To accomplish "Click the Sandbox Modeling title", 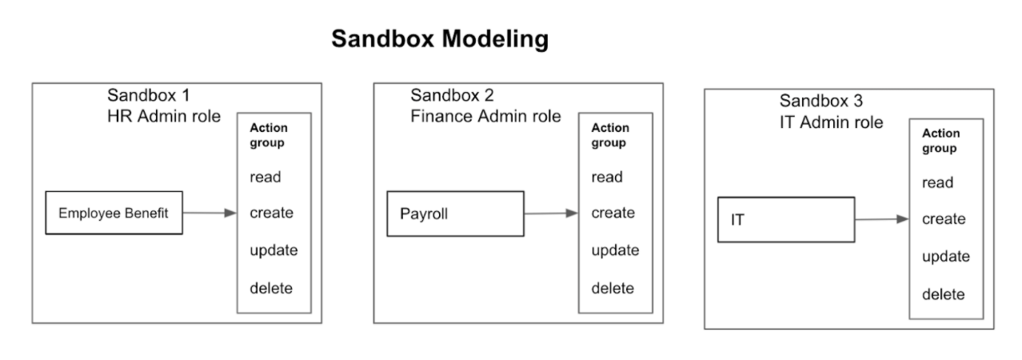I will click(440, 40).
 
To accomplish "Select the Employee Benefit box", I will click(114, 213).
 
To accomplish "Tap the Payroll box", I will click(455, 214).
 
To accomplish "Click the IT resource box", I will click(785, 219).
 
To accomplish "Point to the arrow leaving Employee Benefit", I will click(210, 213).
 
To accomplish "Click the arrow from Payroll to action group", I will click(550, 214).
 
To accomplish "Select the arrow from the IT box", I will click(881, 219).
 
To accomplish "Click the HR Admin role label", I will click(164, 116).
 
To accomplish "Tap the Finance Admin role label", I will click(485, 117).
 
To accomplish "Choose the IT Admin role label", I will click(832, 122).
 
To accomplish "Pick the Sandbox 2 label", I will click(452, 96).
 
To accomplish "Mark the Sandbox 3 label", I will click(821, 102).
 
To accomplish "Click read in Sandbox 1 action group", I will click(265, 177).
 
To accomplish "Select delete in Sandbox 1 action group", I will click(271, 288).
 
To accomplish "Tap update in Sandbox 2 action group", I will click(615, 250).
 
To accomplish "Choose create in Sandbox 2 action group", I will click(613, 213).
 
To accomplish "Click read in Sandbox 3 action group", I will click(937, 182).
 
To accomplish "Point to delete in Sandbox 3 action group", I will click(943, 294).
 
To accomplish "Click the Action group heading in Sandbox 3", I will click(940, 141).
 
